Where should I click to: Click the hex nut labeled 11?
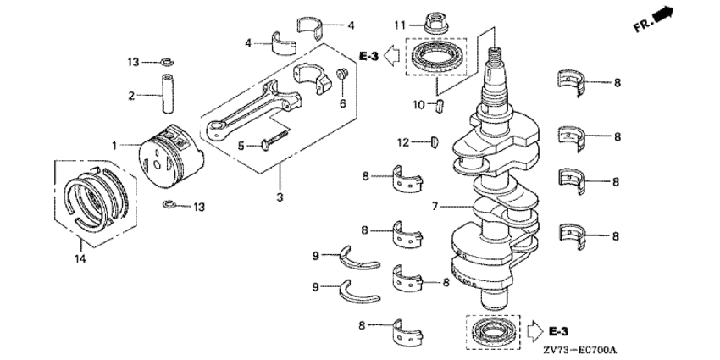[435, 23]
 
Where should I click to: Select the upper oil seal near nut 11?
[433, 56]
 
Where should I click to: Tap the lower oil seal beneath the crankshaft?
[492, 331]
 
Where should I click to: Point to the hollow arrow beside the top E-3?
[391, 56]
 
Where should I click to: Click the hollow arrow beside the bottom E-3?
[535, 330]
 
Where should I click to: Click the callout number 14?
[80, 259]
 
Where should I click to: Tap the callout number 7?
[435, 207]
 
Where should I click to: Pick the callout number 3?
[280, 197]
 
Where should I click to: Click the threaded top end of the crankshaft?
[495, 55]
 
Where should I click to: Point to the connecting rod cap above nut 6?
[312, 78]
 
